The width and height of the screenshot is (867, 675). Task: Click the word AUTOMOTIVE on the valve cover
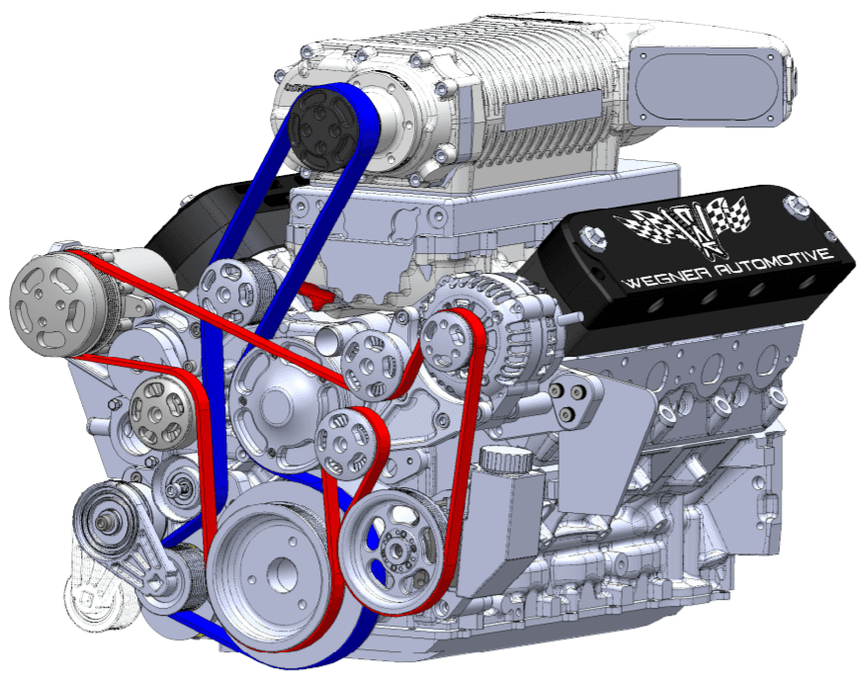[x=774, y=263]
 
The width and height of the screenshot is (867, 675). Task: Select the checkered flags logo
[x=684, y=226]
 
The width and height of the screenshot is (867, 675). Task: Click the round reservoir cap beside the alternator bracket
[x=506, y=459]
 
